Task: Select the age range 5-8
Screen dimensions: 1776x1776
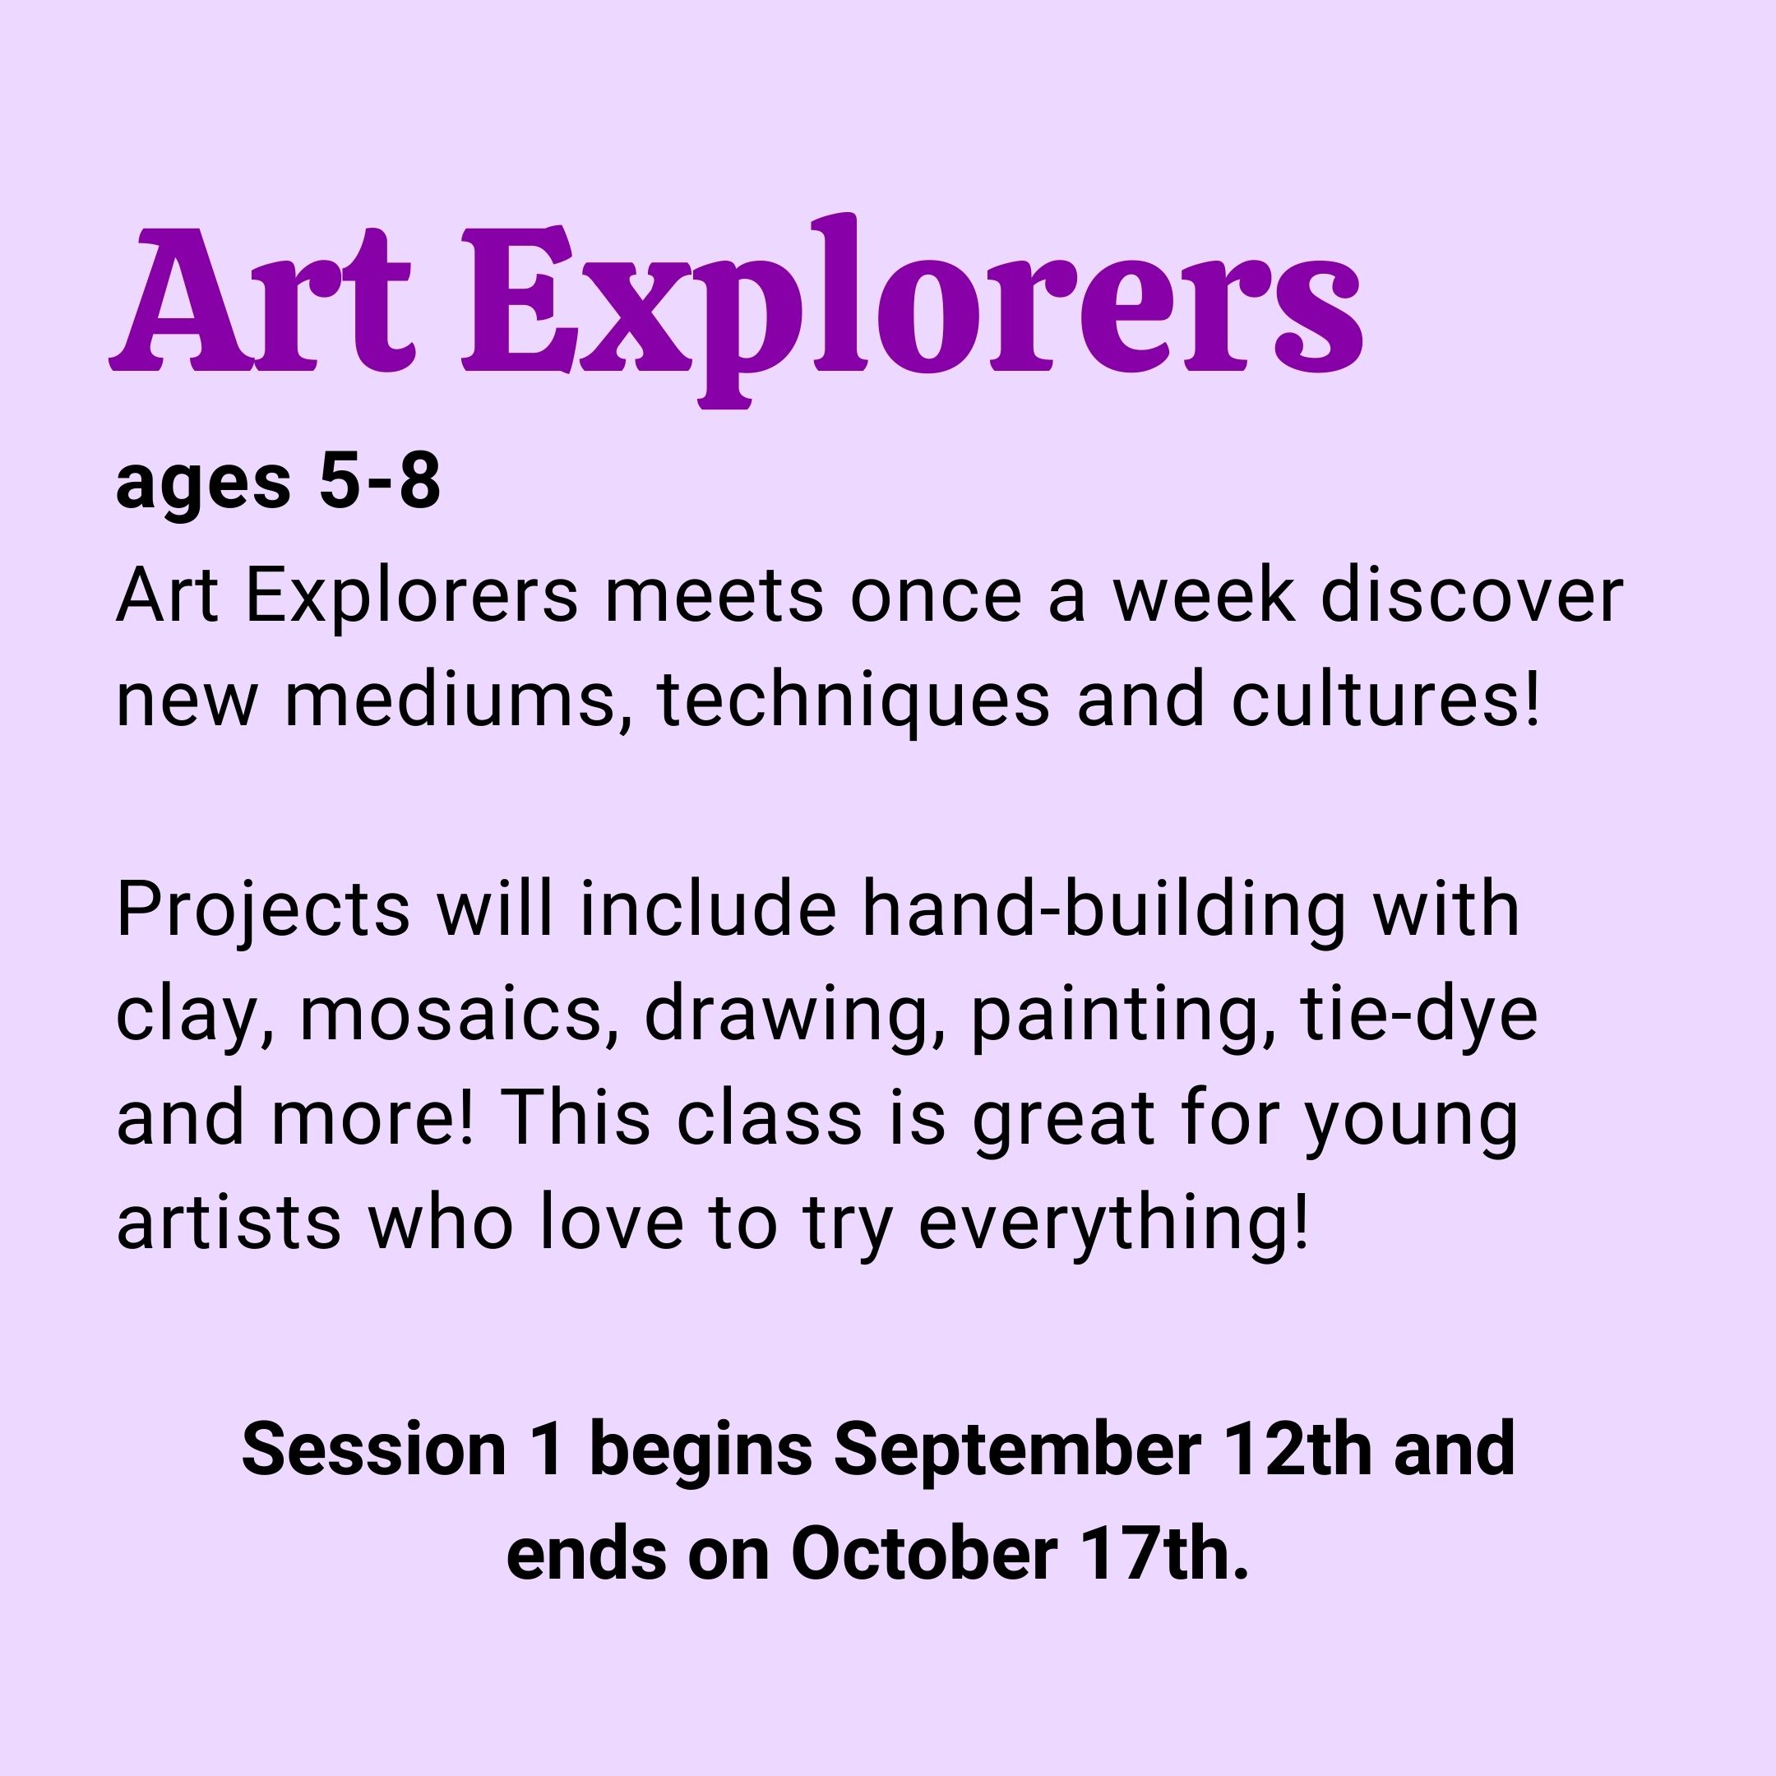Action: pyautogui.click(x=380, y=483)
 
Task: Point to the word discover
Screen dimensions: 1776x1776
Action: pyautogui.click(x=1473, y=595)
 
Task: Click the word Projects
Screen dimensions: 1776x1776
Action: pyautogui.click(x=263, y=911)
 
